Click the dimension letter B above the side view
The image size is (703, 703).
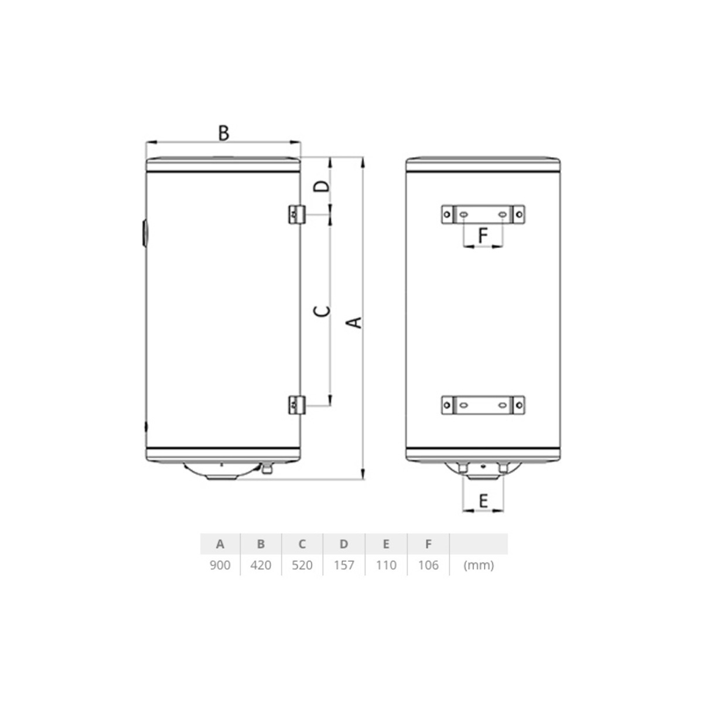(x=224, y=133)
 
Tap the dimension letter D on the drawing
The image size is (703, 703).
(x=322, y=186)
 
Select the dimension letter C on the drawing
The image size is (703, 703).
(x=322, y=311)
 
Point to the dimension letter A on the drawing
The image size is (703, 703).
(x=353, y=322)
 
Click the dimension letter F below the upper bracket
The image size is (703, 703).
(x=483, y=236)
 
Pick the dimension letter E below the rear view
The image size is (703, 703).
(x=483, y=501)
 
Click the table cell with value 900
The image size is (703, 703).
(x=220, y=565)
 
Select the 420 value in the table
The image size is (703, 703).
(x=261, y=565)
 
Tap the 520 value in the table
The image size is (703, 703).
(x=302, y=565)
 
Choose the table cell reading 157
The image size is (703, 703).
(x=344, y=565)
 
